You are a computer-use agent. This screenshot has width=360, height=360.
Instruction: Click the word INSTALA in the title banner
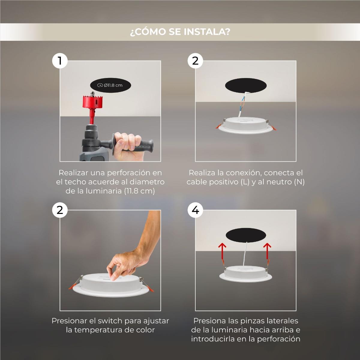[x=207, y=32]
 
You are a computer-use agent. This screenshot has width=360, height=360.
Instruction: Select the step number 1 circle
[x=60, y=61]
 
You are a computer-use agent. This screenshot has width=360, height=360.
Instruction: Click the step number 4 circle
[x=195, y=210]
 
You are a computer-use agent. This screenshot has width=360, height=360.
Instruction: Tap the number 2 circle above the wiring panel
[x=195, y=61]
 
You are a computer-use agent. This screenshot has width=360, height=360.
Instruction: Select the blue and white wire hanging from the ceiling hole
[x=242, y=105]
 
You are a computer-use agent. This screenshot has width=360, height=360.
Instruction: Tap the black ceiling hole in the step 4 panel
[x=246, y=235]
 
